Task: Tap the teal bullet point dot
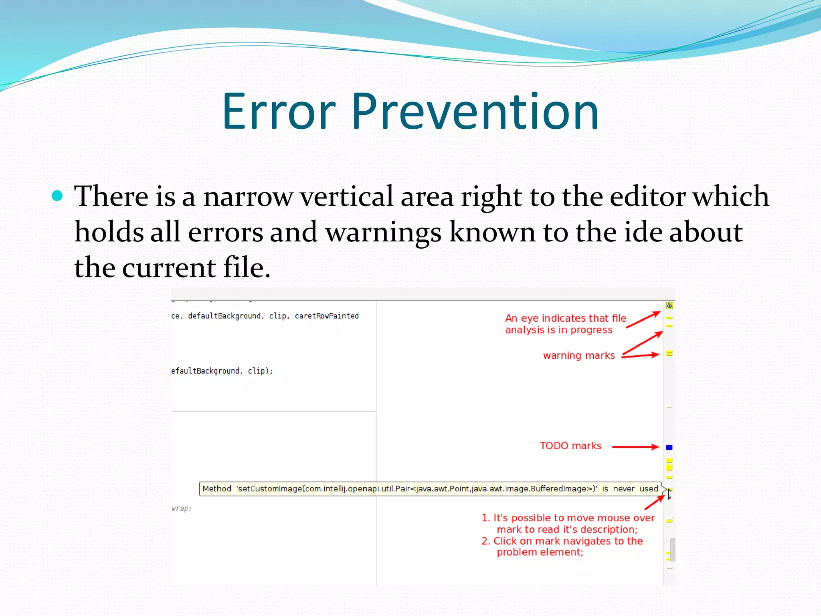tap(57, 196)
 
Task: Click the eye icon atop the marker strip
tap(669, 306)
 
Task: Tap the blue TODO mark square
tap(669, 447)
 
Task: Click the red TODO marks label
tap(570, 446)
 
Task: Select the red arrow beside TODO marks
tap(635, 447)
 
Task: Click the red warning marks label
tap(579, 356)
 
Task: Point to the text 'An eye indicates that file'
tap(565, 318)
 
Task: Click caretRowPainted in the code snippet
tap(326, 316)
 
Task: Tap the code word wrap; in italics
tap(181, 509)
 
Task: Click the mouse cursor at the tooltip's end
tap(669, 494)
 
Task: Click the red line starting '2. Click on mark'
tap(562, 541)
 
